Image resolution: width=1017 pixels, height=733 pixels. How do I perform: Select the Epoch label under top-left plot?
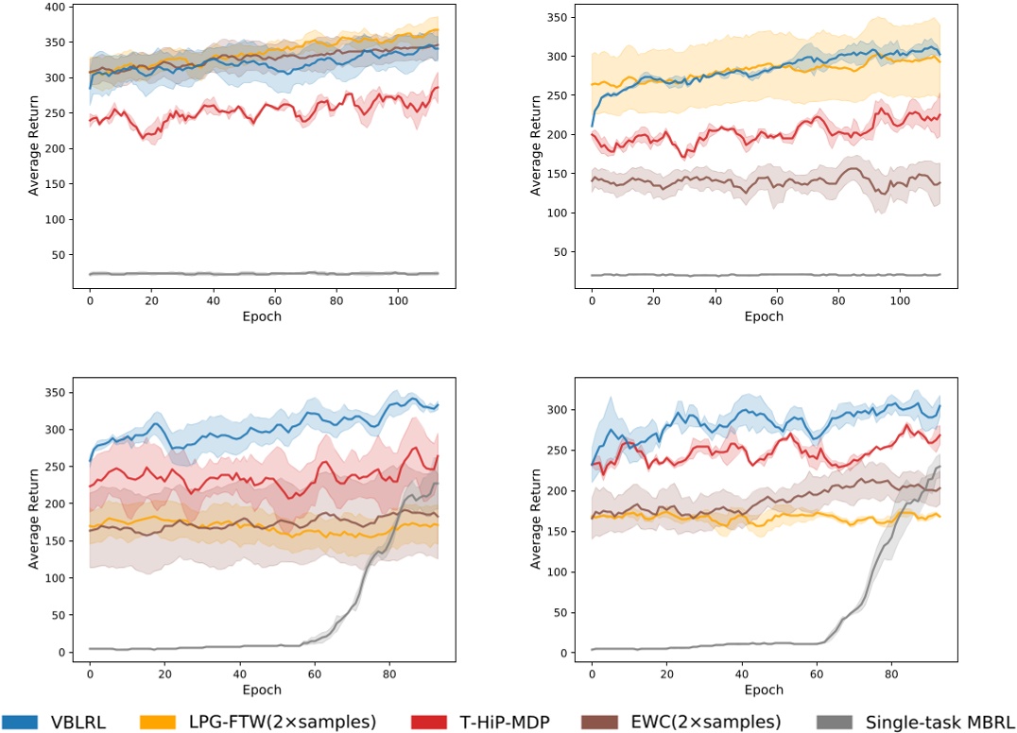tap(260, 316)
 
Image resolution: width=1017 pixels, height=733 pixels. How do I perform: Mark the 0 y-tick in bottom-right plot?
tap(569, 653)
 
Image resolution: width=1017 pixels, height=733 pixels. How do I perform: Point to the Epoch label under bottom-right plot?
tap(764, 692)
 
